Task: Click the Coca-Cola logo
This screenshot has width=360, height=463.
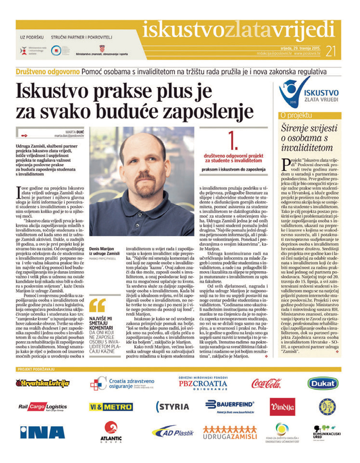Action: [266, 383]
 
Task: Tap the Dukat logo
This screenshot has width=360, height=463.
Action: [323, 383]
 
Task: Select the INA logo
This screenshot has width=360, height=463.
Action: [42, 432]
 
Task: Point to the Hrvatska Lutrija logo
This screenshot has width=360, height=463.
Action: [42, 383]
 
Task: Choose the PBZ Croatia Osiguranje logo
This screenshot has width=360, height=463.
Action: [203, 383]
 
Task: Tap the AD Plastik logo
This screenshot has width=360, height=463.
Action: [173, 432]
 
